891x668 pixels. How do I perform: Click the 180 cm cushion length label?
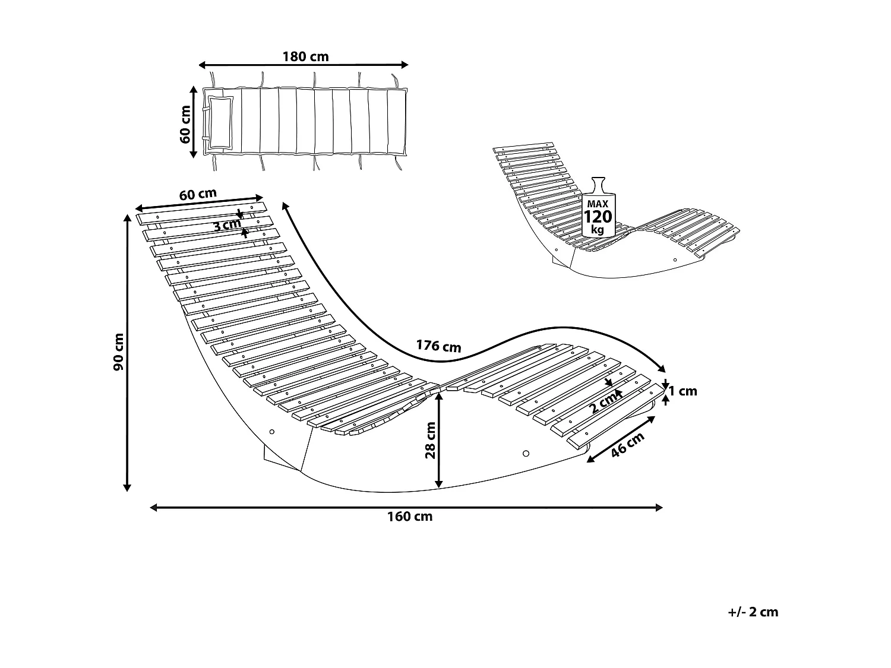pos(305,57)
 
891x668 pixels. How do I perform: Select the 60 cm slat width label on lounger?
pos(198,195)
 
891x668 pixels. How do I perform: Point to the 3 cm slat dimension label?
pos(227,225)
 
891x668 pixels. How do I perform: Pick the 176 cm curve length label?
pos(438,345)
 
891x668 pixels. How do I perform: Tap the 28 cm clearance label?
pos(431,440)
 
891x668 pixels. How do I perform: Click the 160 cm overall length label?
pos(410,517)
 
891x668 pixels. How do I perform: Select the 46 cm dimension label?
pos(627,444)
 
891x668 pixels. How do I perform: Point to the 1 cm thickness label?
pos(683,391)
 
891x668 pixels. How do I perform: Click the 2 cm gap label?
pos(604,404)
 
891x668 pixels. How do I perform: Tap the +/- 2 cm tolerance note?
pos(753,612)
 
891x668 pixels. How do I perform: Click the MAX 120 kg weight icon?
pos(598,208)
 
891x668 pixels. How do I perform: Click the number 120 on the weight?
pos(598,216)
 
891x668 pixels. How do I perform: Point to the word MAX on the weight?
pos(598,204)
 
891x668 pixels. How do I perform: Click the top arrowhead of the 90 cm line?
pos(127,217)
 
